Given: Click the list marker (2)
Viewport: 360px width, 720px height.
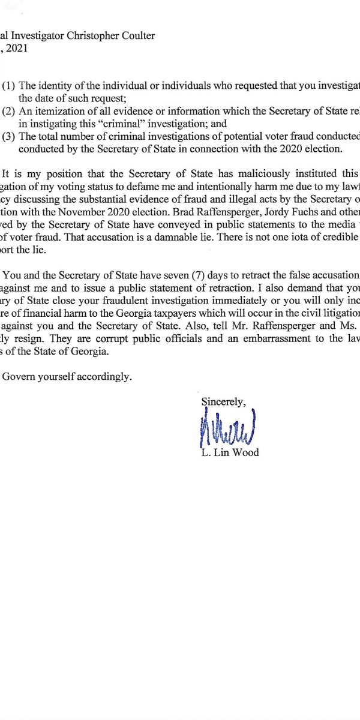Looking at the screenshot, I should coord(8,111).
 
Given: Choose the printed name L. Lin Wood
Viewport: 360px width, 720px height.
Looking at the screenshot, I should coord(230,452).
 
